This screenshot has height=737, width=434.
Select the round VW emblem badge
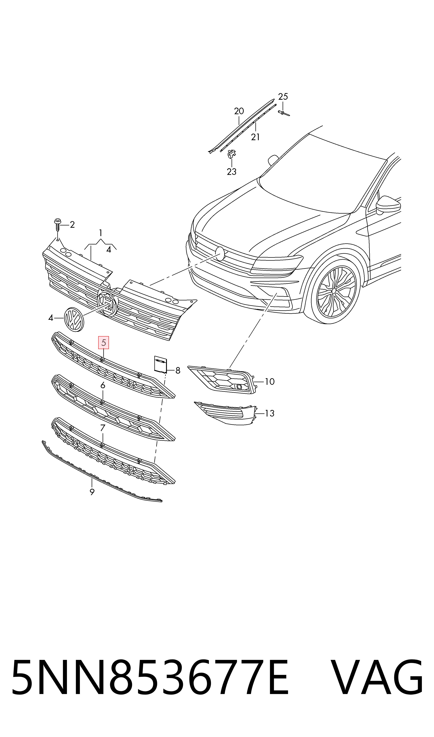click(x=74, y=319)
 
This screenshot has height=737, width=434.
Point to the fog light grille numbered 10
click(x=222, y=379)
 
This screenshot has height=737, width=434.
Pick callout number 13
click(x=270, y=413)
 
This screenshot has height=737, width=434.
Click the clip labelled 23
click(x=232, y=154)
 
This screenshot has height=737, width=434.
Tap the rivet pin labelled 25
click(x=283, y=113)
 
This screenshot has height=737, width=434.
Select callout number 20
click(x=239, y=111)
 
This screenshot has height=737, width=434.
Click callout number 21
click(x=255, y=137)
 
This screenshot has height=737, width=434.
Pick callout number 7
click(x=102, y=428)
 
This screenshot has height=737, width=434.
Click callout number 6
click(x=103, y=386)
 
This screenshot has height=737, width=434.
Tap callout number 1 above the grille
click(x=101, y=233)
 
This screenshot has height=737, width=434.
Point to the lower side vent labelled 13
click(x=225, y=413)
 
